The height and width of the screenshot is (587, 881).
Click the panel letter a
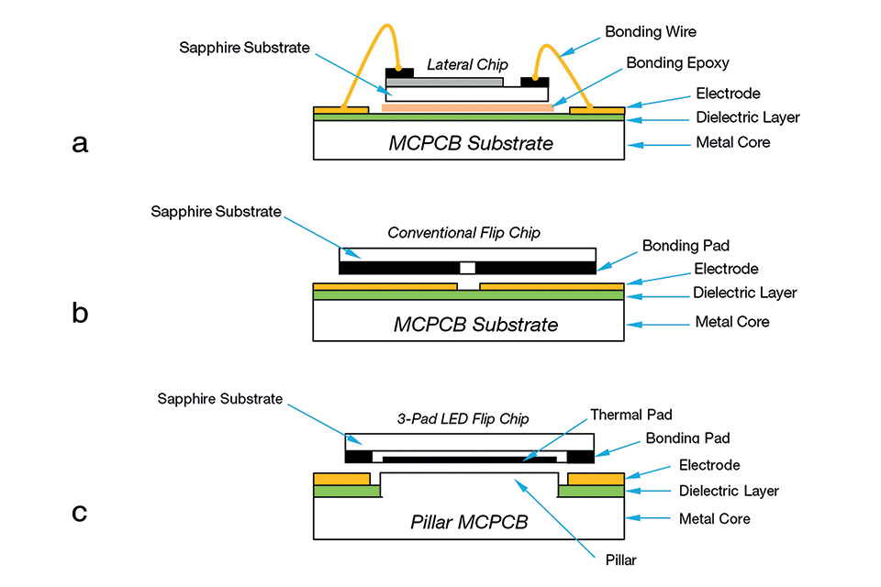click(80, 143)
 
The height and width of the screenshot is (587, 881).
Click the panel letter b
click(80, 314)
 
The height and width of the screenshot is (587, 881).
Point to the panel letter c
click(80, 511)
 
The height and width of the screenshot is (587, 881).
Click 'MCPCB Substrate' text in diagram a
click(471, 144)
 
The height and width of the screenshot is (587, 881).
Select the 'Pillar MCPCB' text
click(469, 523)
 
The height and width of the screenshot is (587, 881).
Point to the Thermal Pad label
click(632, 415)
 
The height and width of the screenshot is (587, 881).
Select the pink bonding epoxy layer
click(467, 107)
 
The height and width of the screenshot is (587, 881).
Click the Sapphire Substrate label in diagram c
click(220, 399)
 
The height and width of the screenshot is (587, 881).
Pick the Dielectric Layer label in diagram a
click(748, 117)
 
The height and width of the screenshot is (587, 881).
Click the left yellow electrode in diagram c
click(341, 479)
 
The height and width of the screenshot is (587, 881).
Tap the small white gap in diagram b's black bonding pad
click(468, 268)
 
